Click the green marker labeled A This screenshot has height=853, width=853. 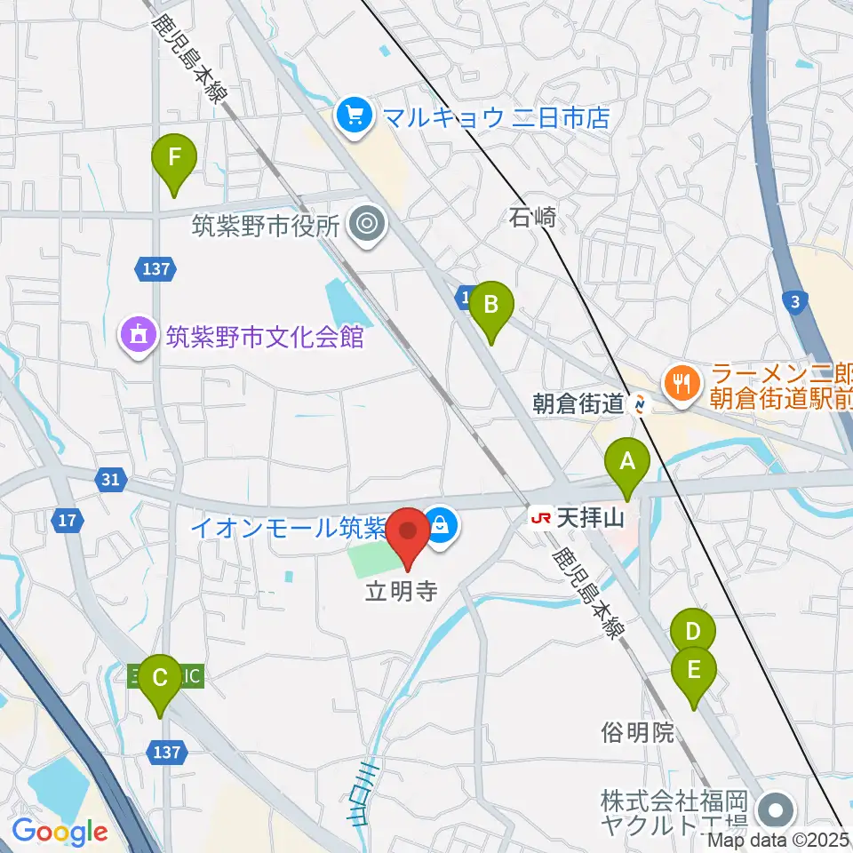[x=627, y=462]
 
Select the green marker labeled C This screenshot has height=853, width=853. [x=160, y=678]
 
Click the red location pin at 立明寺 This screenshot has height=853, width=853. [x=409, y=533]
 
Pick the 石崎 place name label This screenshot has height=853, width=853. [x=533, y=216]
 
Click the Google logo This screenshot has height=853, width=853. [x=59, y=831]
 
